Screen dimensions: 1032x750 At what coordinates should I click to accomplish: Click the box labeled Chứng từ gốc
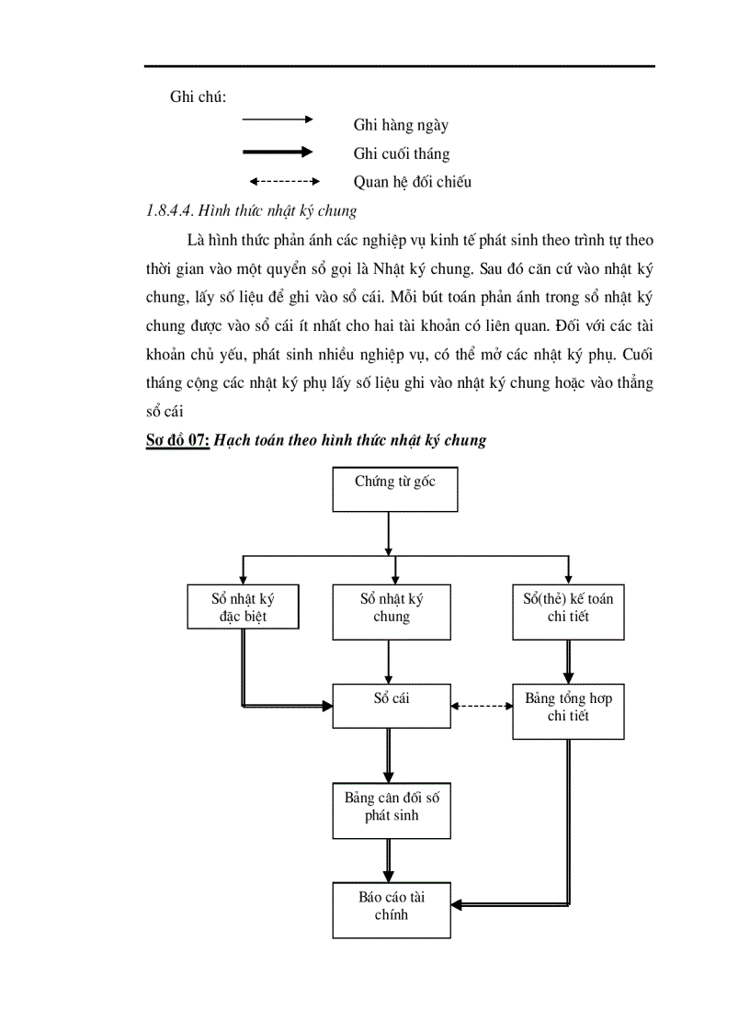[x=394, y=489]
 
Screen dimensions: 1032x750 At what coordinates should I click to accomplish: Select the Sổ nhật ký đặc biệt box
[x=243, y=607]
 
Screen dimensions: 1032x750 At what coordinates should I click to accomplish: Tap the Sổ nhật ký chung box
[x=391, y=612]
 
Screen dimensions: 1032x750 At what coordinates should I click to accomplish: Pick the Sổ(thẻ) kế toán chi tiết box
[x=568, y=612]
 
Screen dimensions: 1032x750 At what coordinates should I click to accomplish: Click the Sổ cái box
[x=391, y=705]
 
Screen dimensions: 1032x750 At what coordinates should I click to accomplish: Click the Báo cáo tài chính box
[x=391, y=909]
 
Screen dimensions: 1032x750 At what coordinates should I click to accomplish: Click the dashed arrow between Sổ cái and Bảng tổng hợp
[x=482, y=706]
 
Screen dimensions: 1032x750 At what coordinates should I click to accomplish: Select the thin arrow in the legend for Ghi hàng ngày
[x=277, y=119]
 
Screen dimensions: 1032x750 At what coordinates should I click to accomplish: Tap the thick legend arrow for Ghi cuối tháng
[x=277, y=152]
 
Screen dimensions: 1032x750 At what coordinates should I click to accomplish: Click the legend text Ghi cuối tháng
[x=401, y=153]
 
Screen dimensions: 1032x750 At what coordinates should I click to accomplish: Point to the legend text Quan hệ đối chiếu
[x=412, y=182]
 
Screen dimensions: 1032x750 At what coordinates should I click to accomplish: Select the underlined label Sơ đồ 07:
[x=178, y=440]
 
